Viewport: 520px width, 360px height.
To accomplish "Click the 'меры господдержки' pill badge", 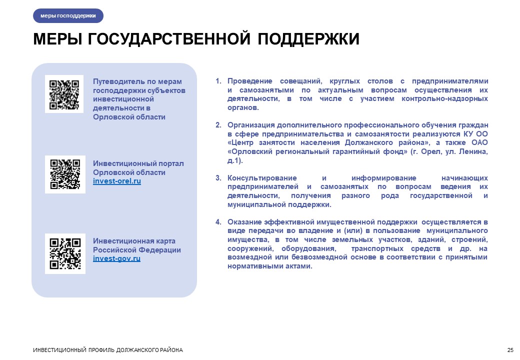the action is [x=68, y=15].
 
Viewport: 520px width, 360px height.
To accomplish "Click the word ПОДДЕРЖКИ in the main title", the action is [x=308, y=39].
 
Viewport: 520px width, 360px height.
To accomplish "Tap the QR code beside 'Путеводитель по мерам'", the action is [x=64, y=94].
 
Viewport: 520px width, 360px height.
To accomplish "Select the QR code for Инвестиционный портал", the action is [x=65, y=174].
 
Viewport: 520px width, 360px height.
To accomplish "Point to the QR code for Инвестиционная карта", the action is [x=65, y=253].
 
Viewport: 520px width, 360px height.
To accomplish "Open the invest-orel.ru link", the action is [x=116, y=181].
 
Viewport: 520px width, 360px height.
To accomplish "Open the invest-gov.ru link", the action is [x=116, y=258].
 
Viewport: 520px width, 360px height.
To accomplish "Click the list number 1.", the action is [x=218, y=81].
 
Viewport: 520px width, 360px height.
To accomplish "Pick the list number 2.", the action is [x=218, y=125].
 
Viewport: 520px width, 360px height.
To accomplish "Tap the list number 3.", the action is [x=218, y=178].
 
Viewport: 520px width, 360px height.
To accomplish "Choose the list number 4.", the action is [x=218, y=222].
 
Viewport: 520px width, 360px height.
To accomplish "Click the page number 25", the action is [x=510, y=350].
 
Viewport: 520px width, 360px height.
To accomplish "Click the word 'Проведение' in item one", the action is [x=249, y=81].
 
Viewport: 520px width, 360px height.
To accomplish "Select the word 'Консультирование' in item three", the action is [x=262, y=178].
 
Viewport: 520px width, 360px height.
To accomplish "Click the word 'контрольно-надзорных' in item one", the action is [x=444, y=99].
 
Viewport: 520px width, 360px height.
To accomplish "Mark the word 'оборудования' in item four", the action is [x=309, y=248].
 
